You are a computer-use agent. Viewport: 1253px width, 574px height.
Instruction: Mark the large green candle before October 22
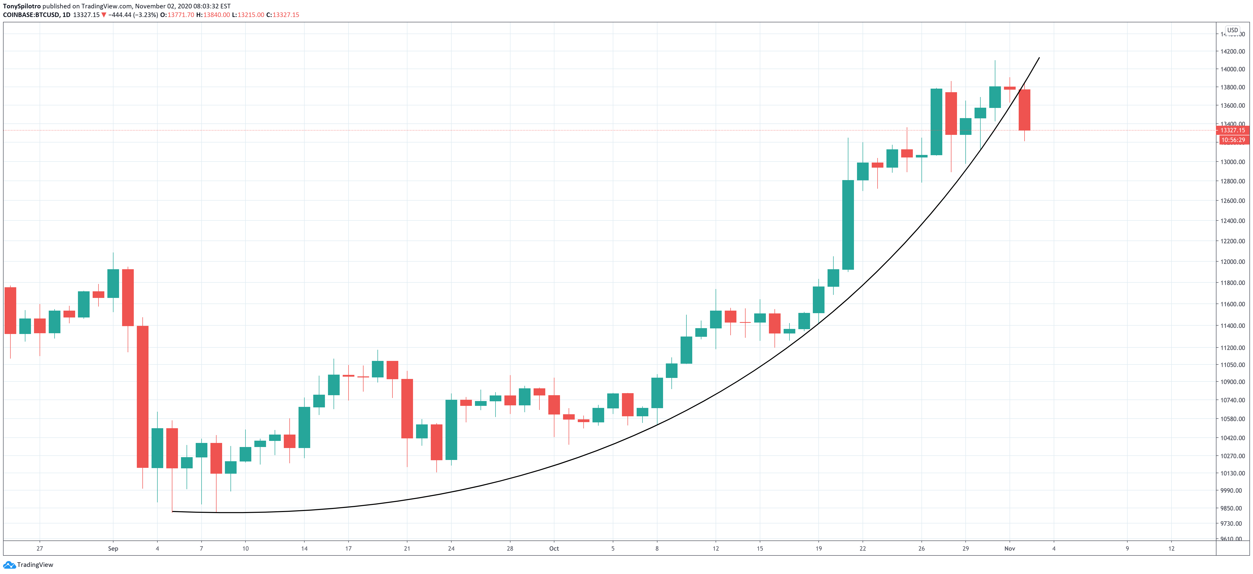point(848,225)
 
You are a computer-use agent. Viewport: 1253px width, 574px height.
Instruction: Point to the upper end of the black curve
point(1039,58)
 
